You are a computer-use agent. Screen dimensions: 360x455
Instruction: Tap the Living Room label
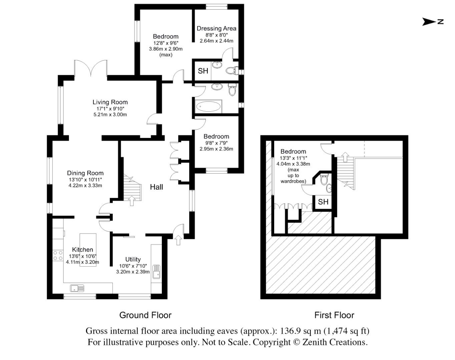click(x=110, y=102)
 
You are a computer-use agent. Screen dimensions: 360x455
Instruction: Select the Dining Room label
click(x=85, y=173)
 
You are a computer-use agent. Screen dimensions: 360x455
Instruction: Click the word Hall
click(x=156, y=187)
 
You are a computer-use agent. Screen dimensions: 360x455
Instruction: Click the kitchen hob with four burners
click(x=58, y=256)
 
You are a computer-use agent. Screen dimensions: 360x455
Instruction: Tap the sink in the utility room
click(x=156, y=271)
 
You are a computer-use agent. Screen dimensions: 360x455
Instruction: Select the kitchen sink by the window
click(x=77, y=288)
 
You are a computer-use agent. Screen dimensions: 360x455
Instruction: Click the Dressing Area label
click(x=216, y=29)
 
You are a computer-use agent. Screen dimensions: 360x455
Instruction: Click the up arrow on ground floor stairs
click(x=131, y=201)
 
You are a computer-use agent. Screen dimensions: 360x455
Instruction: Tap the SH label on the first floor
click(x=323, y=202)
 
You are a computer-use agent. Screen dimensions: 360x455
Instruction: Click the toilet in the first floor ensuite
click(x=323, y=180)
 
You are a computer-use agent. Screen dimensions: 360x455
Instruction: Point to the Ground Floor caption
click(x=145, y=315)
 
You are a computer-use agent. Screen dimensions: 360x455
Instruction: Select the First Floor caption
click(x=334, y=315)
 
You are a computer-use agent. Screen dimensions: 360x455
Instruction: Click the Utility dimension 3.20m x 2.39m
click(x=133, y=272)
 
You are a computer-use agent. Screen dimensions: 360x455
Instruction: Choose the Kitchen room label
click(x=82, y=250)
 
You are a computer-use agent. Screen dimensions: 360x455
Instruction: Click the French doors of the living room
click(x=91, y=68)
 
